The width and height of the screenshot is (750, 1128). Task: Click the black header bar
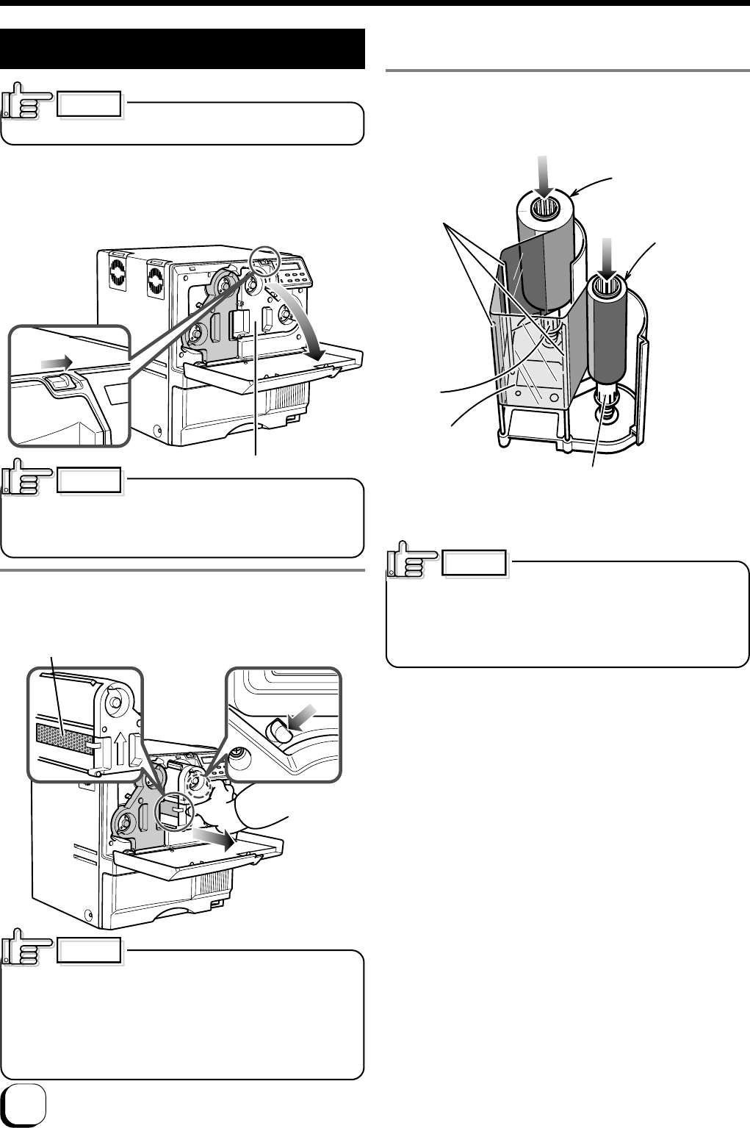point(183,49)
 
